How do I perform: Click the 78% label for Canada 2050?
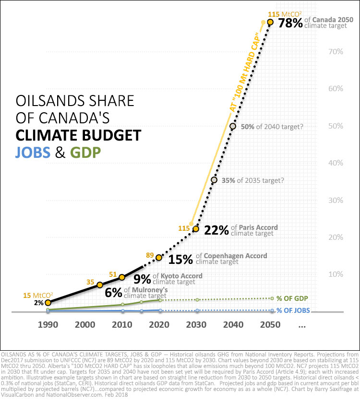coord(288,24)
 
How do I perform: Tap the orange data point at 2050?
coord(270,22)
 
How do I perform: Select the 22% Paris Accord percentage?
coord(216,230)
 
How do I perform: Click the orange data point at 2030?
coord(196,229)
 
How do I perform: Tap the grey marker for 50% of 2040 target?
coord(233,126)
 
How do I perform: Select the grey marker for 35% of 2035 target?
coord(214,180)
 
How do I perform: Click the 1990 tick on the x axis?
coord(48,325)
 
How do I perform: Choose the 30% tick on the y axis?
coord(335,200)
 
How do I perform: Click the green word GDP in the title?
coord(87,153)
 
